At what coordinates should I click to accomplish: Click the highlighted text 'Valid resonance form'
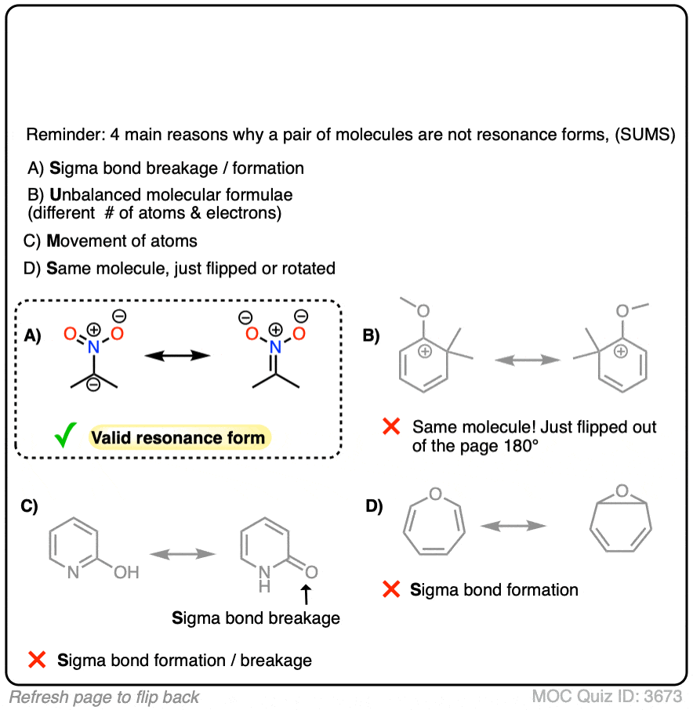(178, 437)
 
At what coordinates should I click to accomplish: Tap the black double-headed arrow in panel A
(178, 355)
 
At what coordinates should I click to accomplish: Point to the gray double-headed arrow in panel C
(183, 553)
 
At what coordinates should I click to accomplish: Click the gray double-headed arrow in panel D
(513, 527)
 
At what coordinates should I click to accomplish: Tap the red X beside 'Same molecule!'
(390, 427)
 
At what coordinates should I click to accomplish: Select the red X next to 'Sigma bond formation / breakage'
(36, 660)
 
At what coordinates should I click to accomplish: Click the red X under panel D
(390, 589)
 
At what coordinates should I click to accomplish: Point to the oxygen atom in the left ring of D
(436, 494)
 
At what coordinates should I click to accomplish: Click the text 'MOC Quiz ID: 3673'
(608, 696)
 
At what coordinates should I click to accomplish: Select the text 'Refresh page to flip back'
(104, 697)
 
